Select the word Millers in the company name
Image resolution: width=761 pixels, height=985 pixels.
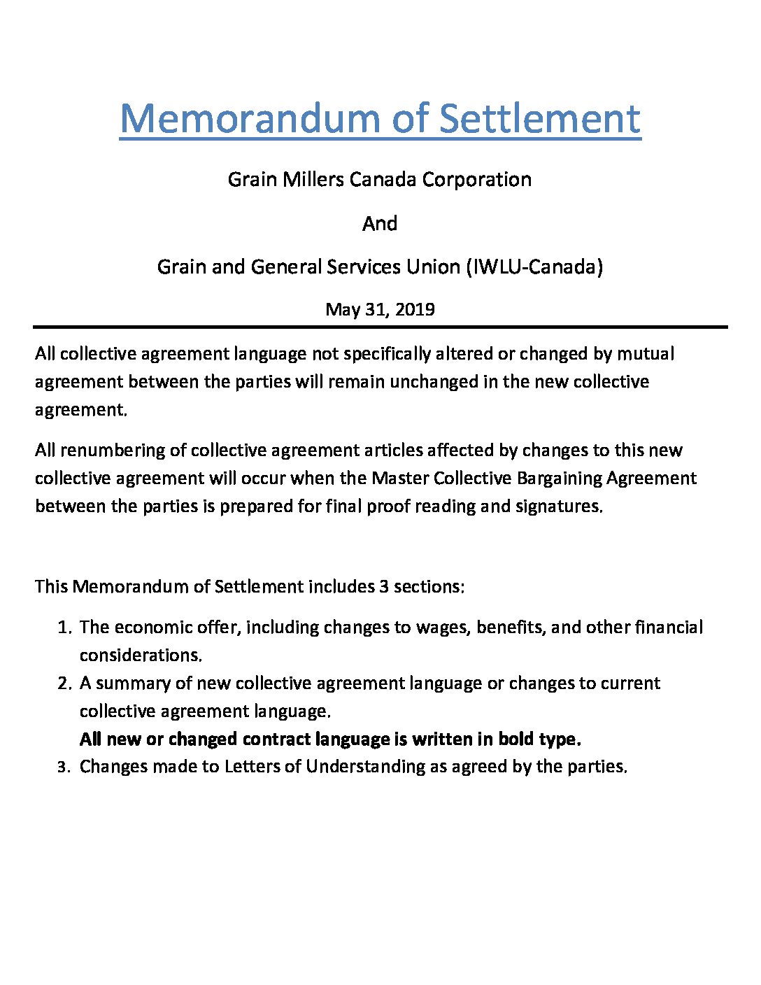(313, 179)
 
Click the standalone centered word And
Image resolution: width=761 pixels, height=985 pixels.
(380, 223)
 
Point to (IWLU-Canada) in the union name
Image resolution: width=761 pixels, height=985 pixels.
(534, 267)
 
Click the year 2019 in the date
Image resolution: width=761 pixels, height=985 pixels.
(415, 309)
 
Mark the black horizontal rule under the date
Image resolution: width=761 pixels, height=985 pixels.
(380, 327)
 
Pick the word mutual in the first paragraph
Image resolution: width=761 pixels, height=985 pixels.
(645, 353)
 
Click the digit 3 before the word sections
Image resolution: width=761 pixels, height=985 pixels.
(384, 586)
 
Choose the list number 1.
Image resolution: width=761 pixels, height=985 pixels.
(64, 628)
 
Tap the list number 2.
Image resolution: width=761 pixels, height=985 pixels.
(64, 683)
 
